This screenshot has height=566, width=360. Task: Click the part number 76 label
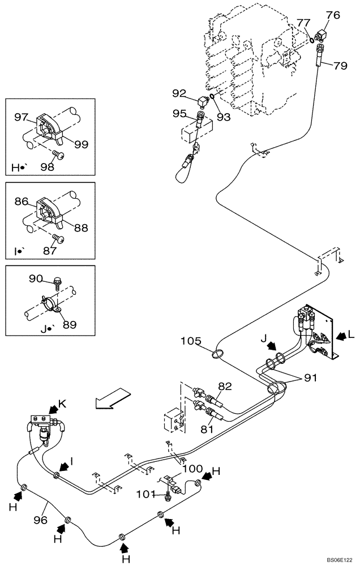(x=333, y=15)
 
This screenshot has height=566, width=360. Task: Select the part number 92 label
(x=179, y=93)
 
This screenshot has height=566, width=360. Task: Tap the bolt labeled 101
(x=168, y=497)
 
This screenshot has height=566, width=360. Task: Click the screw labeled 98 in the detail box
(x=57, y=153)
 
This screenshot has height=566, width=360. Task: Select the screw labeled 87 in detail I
(x=57, y=238)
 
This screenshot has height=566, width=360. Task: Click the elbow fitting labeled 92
(x=202, y=102)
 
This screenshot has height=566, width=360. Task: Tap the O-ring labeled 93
(x=211, y=96)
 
